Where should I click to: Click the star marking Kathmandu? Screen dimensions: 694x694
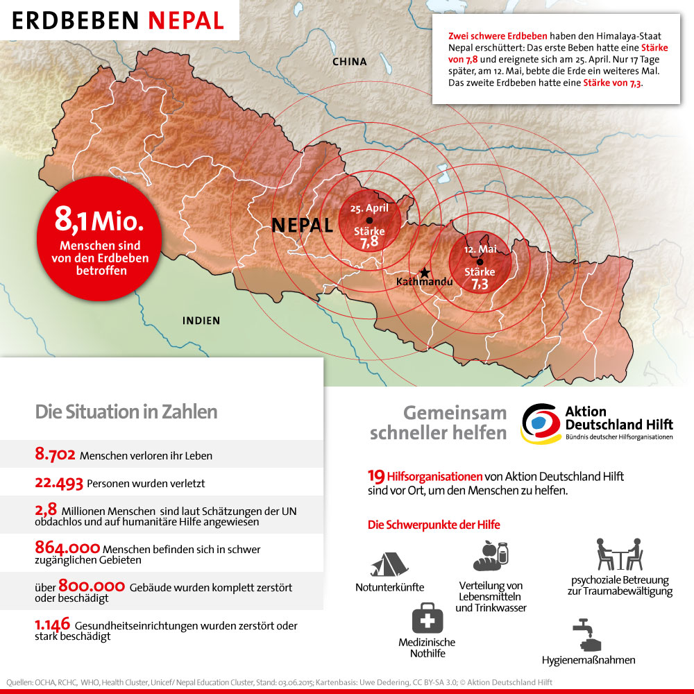[425, 273]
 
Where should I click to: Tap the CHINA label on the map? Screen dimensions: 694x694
[349, 62]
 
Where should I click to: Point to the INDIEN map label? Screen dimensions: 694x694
[201, 321]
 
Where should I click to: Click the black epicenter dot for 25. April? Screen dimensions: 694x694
[369, 221]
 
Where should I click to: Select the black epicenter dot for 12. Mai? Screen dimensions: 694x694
[480, 262]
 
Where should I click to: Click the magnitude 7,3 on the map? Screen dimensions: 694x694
[480, 284]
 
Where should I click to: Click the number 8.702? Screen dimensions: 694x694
[56, 455]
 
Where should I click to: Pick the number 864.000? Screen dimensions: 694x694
[67, 549]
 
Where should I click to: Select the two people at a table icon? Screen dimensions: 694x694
[620, 555]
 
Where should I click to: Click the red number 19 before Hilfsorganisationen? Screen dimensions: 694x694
[375, 477]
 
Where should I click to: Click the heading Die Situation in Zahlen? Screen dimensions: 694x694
[126, 412]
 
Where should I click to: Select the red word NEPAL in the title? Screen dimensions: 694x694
[186, 20]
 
